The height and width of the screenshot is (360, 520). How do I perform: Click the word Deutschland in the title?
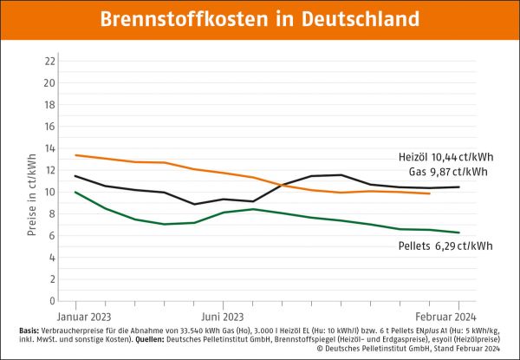[x=357, y=18]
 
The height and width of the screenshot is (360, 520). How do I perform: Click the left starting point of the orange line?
[x=75, y=155]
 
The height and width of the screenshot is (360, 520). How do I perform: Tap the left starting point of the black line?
[x=75, y=176]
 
